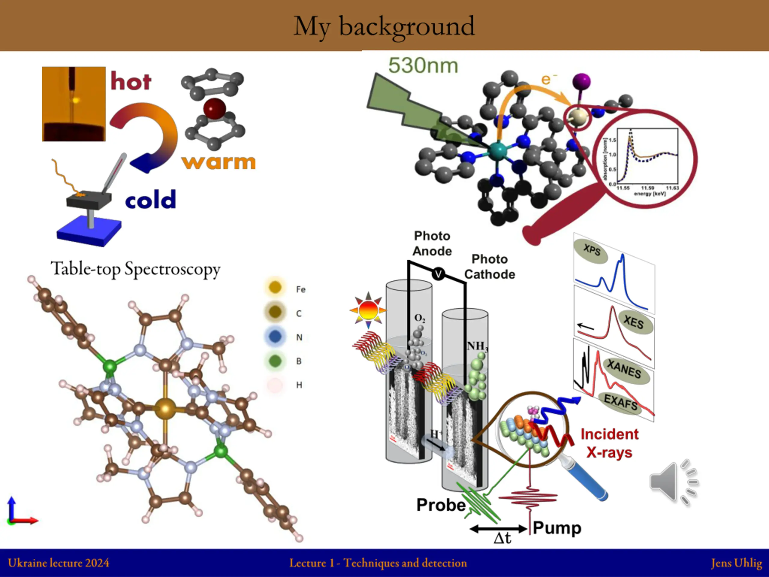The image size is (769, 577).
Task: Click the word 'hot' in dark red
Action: [x=131, y=81]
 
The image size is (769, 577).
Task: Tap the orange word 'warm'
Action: [x=218, y=162]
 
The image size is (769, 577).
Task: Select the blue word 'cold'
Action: [x=150, y=200]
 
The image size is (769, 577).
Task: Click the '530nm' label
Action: [x=423, y=66]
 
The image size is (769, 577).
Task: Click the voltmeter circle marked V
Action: [x=438, y=274]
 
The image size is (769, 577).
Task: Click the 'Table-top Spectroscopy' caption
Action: [x=135, y=269]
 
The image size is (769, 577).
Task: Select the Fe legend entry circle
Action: [x=275, y=288]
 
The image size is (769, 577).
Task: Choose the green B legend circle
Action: [x=275, y=361]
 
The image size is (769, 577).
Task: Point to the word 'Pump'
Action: [x=557, y=528]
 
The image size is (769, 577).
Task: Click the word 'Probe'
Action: [x=441, y=505]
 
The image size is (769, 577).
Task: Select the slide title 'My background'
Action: [x=384, y=26]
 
